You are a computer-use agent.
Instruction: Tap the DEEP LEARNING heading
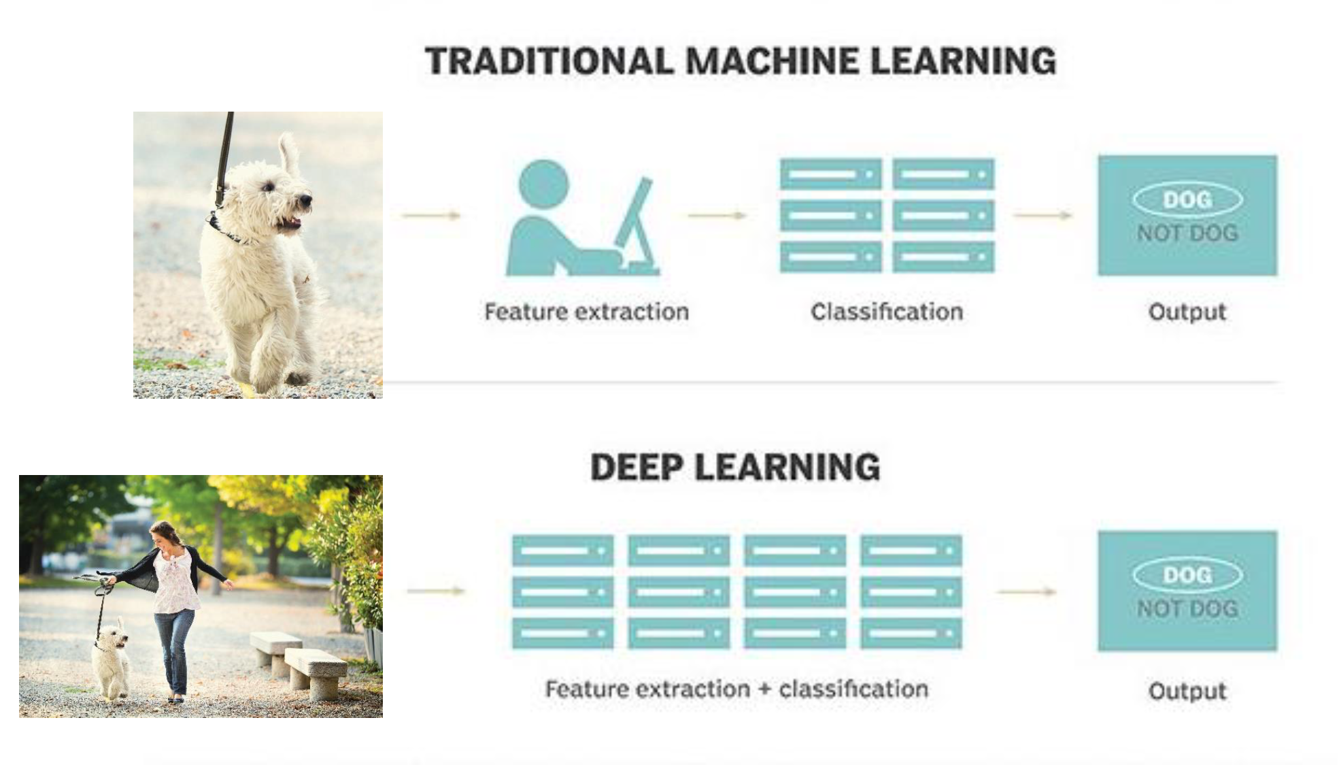click(735, 468)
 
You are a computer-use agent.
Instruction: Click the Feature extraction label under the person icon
click(586, 312)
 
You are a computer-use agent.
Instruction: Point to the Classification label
click(887, 312)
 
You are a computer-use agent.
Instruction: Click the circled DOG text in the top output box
click(1187, 199)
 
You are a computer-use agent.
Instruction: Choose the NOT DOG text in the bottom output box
click(1187, 608)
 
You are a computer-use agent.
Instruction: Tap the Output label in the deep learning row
click(1187, 691)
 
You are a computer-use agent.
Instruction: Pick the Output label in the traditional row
click(1187, 312)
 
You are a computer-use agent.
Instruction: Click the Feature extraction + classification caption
click(736, 689)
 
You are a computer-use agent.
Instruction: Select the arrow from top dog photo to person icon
click(431, 216)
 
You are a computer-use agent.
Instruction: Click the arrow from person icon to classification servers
click(717, 216)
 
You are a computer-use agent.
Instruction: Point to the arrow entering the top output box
click(1043, 216)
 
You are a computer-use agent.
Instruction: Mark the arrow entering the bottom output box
click(1026, 592)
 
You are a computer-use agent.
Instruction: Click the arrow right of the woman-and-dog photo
click(436, 591)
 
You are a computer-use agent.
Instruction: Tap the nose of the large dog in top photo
click(307, 199)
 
